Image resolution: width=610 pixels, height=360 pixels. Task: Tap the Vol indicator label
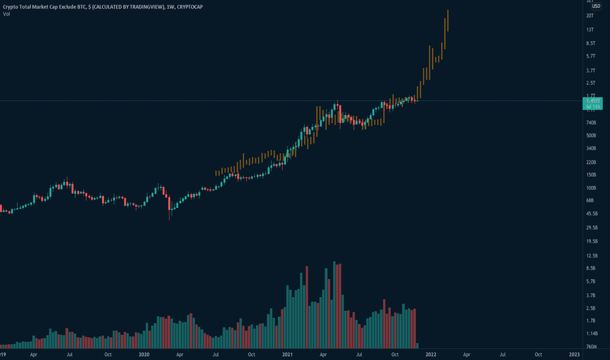[6, 13]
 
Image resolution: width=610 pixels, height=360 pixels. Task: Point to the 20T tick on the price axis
[590, 15]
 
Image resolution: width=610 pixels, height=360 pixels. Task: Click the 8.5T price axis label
[591, 43]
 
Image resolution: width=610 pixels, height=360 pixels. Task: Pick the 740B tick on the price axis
[591, 122]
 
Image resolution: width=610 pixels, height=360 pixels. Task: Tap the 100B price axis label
[591, 188]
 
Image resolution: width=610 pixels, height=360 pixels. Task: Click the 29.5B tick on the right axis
[592, 228]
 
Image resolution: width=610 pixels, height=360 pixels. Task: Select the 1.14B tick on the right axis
[592, 333]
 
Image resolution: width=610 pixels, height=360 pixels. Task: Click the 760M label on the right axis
[592, 346]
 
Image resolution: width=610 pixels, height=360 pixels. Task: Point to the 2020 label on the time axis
[145, 354]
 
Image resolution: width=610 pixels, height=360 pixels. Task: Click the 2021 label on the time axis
[287, 354]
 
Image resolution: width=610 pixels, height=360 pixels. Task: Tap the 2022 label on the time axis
[431, 354]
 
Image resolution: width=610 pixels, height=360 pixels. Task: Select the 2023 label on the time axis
[574, 354]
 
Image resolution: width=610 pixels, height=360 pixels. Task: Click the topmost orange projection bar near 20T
[448, 20]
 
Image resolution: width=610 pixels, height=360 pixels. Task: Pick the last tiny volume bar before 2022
[418, 344]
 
